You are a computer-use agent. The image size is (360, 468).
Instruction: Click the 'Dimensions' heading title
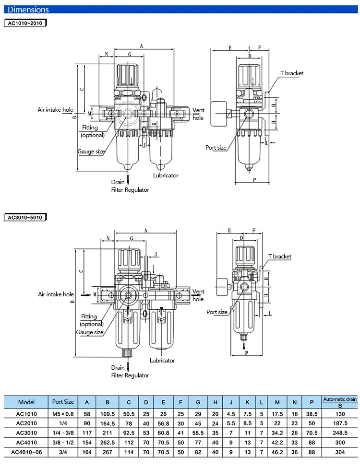click(28, 10)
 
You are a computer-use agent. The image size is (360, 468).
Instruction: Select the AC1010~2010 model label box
click(25, 23)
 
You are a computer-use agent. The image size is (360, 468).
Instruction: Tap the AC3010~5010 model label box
click(25, 217)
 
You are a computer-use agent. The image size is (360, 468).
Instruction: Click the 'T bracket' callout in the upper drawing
click(291, 73)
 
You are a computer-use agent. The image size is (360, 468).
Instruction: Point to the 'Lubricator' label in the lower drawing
click(162, 360)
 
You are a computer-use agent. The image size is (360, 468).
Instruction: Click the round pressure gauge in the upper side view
click(219, 114)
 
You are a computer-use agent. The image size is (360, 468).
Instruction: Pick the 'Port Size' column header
click(63, 402)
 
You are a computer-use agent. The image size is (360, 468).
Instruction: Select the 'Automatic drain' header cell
click(340, 399)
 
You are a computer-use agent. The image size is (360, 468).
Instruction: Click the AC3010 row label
click(26, 433)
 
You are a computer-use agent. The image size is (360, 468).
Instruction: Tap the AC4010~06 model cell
click(26, 452)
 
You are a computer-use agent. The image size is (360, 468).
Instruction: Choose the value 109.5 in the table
click(108, 414)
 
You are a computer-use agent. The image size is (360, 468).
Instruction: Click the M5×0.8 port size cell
click(63, 414)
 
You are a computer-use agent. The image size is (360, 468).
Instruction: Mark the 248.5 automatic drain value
click(340, 433)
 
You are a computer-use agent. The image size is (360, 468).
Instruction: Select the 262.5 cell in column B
click(108, 443)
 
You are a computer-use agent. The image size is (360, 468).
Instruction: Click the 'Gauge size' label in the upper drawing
click(91, 152)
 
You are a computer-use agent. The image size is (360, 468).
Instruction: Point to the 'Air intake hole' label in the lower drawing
click(56, 294)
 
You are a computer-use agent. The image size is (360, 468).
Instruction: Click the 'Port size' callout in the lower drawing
click(217, 312)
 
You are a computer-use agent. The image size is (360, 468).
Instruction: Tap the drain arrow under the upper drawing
click(128, 180)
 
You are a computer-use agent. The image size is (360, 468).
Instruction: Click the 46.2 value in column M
click(277, 452)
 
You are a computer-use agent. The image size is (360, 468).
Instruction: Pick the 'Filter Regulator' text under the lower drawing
click(130, 375)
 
